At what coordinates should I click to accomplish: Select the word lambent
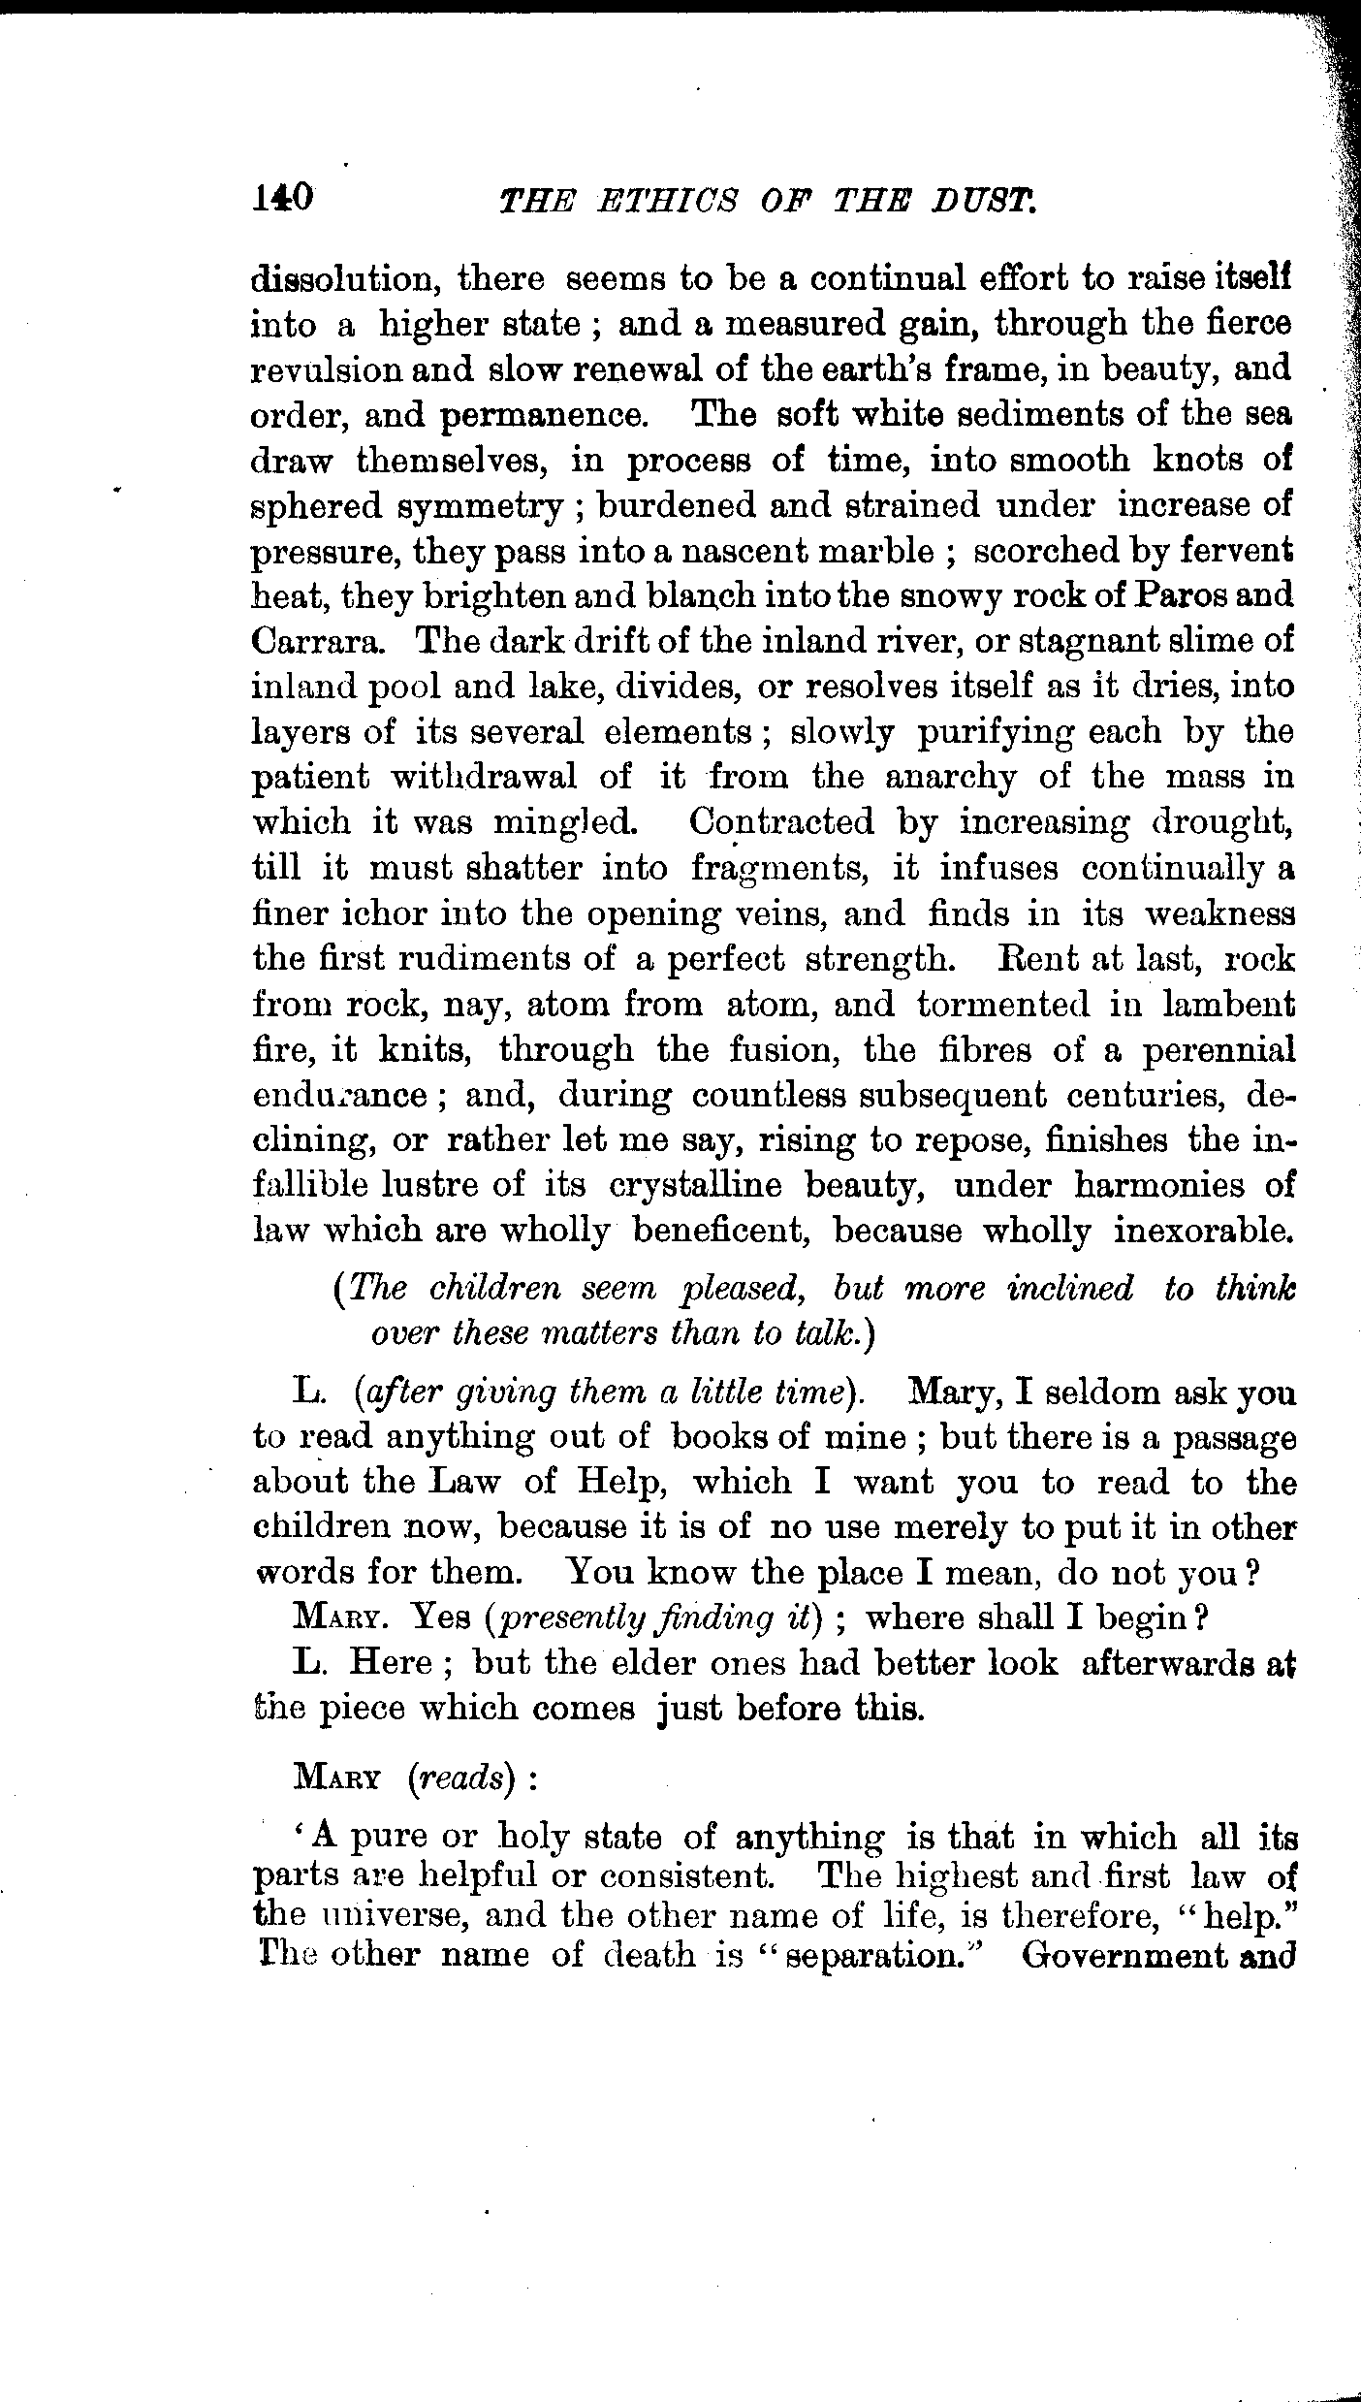coord(1228,1004)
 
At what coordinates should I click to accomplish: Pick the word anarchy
coord(935,777)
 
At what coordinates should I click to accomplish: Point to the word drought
coord(1222,822)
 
